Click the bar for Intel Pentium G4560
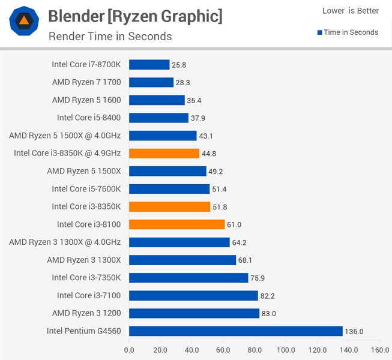click(235, 331)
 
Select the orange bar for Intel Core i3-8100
click(176, 224)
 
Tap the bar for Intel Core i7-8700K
click(149, 65)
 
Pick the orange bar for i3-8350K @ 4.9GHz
click(164, 154)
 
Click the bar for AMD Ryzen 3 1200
click(194, 313)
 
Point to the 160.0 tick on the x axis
click(379, 349)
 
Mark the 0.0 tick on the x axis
click(129, 349)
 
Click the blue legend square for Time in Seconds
click(320, 32)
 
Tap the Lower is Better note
click(350, 11)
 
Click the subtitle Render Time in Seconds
click(110, 36)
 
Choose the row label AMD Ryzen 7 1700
click(86, 82)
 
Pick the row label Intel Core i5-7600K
click(86, 189)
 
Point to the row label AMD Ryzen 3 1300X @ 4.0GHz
click(65, 242)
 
